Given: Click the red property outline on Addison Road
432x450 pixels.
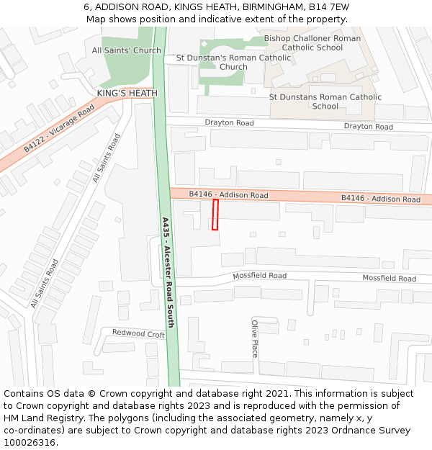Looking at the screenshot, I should pos(215,215).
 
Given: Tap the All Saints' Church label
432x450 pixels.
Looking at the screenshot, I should pos(127,50).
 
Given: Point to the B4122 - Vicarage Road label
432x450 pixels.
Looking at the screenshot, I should pos(59,127).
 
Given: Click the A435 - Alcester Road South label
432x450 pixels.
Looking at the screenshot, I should pos(168,272).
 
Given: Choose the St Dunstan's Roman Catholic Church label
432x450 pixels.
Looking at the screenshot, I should pos(233,62).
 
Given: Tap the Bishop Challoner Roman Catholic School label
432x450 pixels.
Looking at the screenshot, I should pos(312,42).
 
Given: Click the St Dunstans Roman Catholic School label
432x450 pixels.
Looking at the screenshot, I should pos(325,102).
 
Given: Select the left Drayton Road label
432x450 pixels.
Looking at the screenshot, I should pos(229,123).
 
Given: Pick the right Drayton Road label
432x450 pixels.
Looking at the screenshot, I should pos(368,127).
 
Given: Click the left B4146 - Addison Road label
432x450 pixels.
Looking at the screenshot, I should pos(228,195).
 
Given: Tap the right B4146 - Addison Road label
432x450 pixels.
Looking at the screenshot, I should pos(380,199).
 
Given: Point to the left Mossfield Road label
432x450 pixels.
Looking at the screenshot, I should pos(259,276).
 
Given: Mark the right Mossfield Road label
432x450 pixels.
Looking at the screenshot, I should pos(389,278).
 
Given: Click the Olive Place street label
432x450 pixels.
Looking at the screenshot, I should pos(254,338).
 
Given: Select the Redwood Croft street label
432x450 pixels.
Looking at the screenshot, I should pos(138,333).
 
